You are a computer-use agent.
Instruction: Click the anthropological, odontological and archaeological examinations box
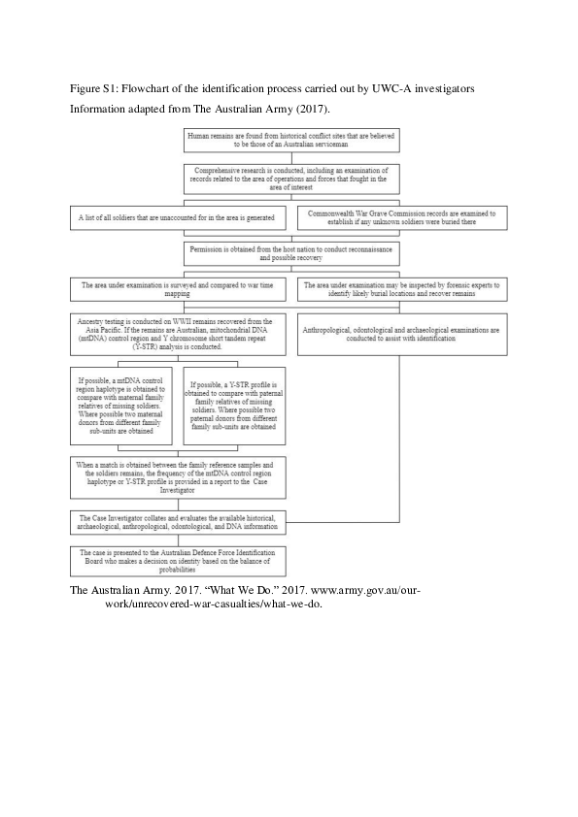pos(402,334)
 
